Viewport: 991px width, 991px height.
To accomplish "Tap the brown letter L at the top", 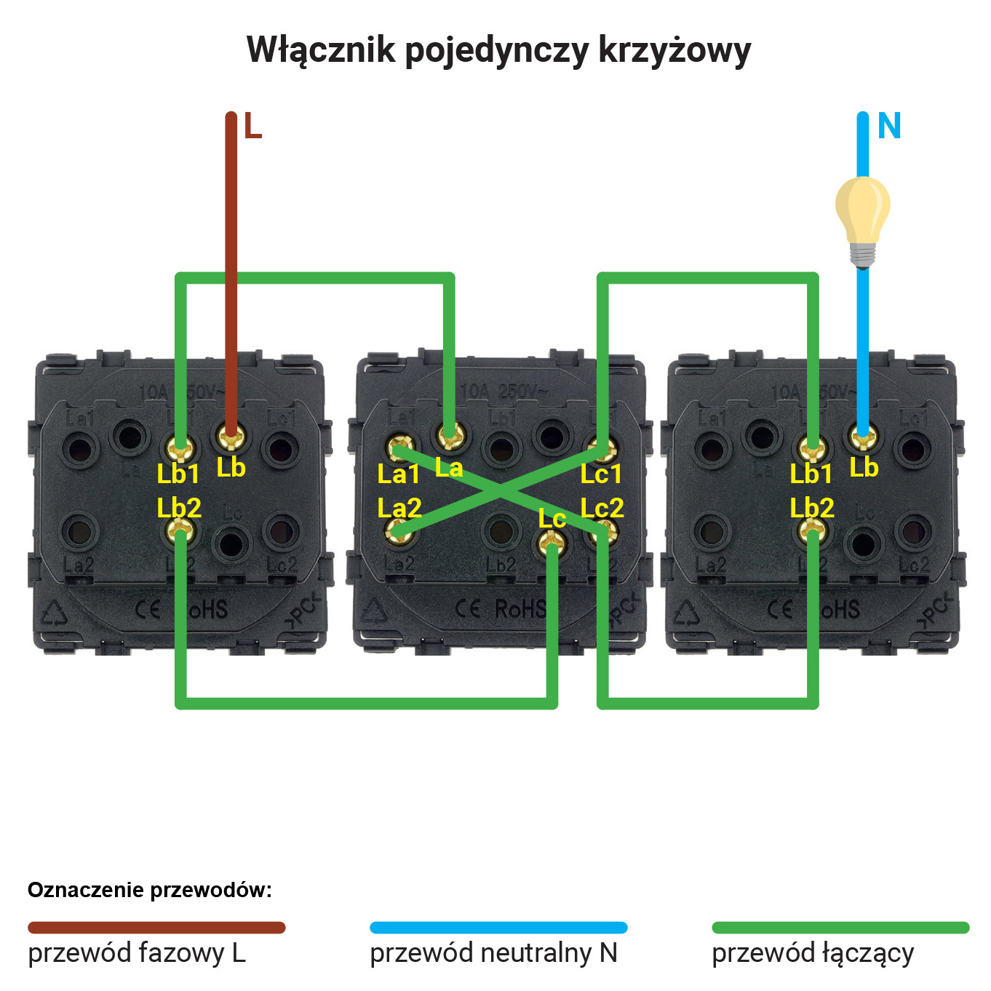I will tap(252, 127).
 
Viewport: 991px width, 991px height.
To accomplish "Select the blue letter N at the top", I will tap(889, 127).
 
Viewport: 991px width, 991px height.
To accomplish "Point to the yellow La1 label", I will tap(398, 474).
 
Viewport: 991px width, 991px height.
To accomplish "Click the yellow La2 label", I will tap(399, 508).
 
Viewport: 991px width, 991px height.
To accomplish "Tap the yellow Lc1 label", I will tap(601, 474).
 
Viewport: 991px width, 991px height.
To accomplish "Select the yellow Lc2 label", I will tap(602, 508).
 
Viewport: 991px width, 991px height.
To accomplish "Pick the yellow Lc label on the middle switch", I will tap(552, 519).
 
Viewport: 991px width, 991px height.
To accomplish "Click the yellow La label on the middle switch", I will tap(449, 468).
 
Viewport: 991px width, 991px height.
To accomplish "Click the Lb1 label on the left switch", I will tap(178, 474).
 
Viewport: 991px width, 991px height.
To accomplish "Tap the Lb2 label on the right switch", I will tap(812, 508).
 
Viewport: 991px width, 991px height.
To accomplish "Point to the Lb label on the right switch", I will tap(864, 468).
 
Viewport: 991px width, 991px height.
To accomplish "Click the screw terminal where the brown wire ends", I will tap(231, 437).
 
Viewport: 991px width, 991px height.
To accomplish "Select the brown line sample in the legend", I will tap(156, 928).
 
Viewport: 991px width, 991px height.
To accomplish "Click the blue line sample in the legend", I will tap(498, 928).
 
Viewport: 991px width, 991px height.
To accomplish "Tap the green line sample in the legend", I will tap(840, 928).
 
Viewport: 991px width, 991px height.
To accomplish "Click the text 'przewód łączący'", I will tap(813, 953).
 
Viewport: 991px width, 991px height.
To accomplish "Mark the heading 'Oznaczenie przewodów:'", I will tap(150, 890).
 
